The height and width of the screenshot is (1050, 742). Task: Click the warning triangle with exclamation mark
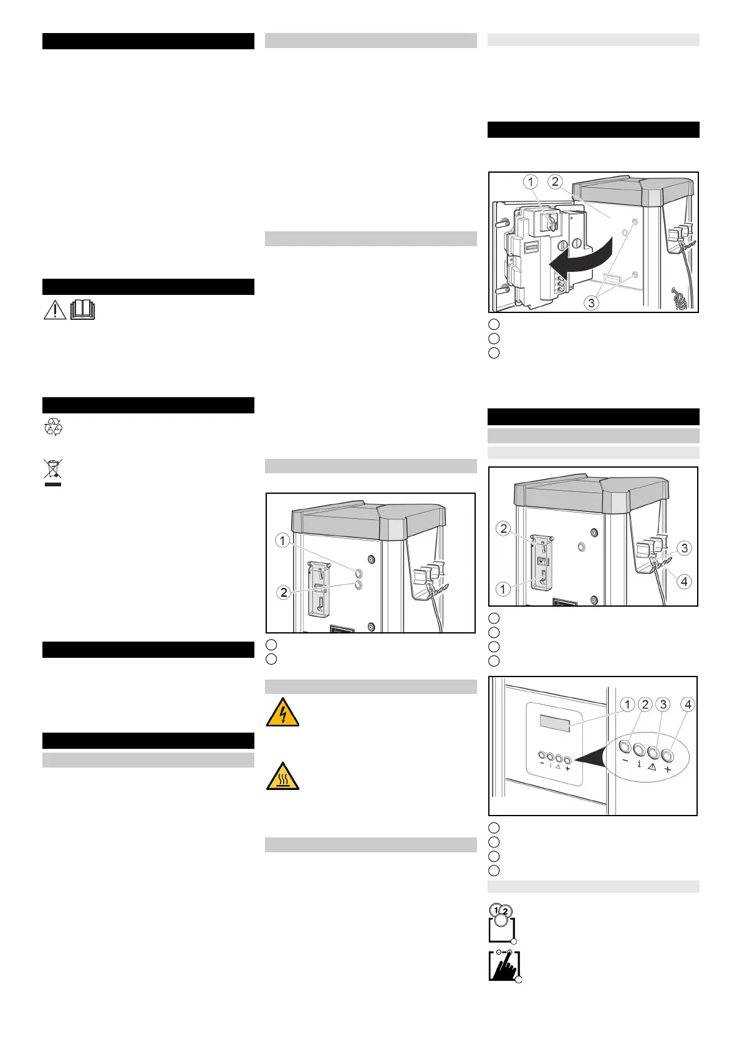tap(55, 310)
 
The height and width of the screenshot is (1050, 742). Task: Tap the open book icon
tap(82, 310)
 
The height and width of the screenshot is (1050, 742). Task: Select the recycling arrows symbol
tap(53, 427)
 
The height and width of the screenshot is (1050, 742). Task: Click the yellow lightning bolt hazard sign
tap(282, 713)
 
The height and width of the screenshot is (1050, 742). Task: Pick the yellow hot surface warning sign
tap(282, 776)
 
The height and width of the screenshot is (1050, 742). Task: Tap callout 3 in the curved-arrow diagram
tap(591, 303)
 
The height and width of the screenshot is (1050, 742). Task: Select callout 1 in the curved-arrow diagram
tap(530, 182)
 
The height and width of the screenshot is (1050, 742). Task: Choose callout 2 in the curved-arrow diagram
tap(555, 182)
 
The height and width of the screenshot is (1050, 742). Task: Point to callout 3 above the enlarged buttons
tap(663, 705)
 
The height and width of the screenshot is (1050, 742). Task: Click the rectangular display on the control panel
tap(555, 724)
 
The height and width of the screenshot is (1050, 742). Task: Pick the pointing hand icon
tap(504, 966)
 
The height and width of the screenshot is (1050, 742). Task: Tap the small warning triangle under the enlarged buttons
tap(652, 768)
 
